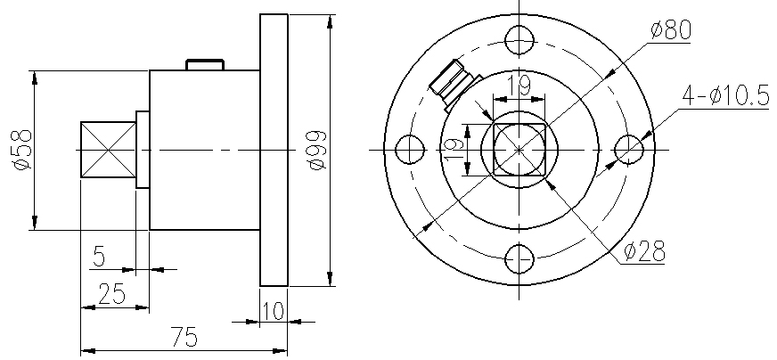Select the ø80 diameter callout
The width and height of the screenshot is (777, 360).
click(671, 30)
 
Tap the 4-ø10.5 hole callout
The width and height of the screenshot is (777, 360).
click(725, 95)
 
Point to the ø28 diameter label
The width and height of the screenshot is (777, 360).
click(644, 251)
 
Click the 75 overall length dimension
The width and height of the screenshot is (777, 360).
click(183, 338)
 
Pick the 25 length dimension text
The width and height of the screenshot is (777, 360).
click(112, 295)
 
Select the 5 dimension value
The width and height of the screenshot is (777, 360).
click(99, 258)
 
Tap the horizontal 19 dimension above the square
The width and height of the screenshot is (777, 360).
click(519, 86)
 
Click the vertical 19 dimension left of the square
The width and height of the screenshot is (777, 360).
click(452, 148)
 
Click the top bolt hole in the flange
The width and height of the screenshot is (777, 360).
click(519, 39)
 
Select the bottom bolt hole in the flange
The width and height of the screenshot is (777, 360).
click(519, 259)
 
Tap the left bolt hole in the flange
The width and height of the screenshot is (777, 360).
click(408, 149)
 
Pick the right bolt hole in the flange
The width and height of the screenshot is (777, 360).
click(629, 149)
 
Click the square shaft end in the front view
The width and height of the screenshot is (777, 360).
click(519, 149)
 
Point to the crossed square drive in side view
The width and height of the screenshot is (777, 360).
click(107, 150)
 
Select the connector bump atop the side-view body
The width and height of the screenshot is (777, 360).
click(204, 64)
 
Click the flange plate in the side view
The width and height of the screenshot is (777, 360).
click(274, 150)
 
